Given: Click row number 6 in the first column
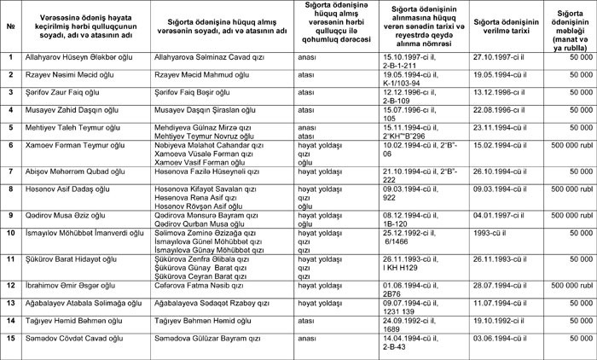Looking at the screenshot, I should coord(9,146).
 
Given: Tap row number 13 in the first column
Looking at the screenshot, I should coord(10,302).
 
